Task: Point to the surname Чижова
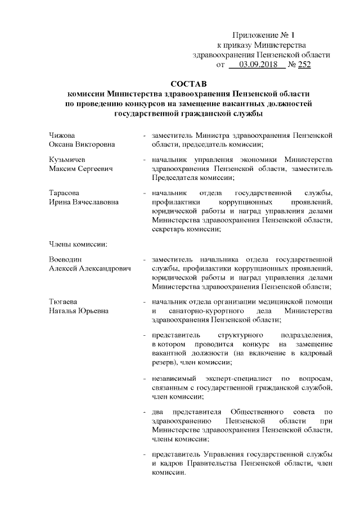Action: [62, 136]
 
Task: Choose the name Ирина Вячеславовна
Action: [83, 202]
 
